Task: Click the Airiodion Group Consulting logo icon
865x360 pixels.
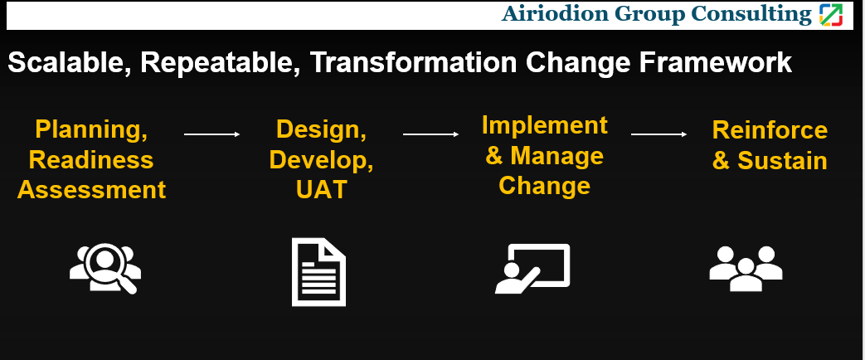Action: tap(830, 14)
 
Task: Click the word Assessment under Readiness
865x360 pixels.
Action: tap(91, 189)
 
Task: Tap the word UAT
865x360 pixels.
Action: tap(321, 190)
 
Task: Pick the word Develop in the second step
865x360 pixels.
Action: tap(322, 159)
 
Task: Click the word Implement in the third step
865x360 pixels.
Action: tap(544, 125)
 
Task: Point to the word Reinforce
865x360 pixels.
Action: tap(770, 130)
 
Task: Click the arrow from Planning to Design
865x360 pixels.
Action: tap(211, 134)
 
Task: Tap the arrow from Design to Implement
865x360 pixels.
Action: tap(430, 134)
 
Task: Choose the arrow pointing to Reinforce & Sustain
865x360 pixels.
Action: tap(658, 134)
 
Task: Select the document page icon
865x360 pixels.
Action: tap(318, 272)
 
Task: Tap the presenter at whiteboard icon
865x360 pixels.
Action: tap(532, 269)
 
